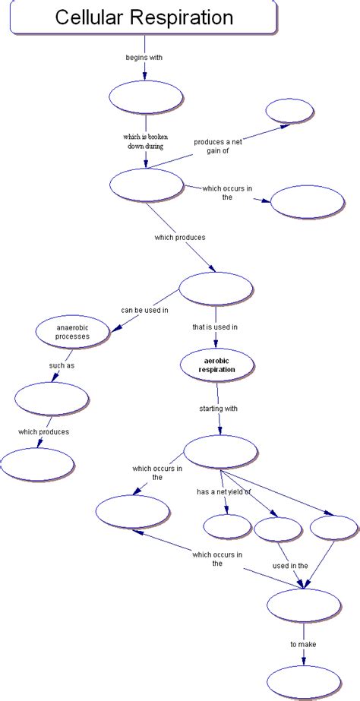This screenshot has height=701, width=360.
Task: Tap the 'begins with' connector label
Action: [144, 57]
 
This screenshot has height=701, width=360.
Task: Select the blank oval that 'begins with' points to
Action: [146, 96]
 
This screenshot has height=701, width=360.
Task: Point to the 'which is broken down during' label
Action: [145, 141]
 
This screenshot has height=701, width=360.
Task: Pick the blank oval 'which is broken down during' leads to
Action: [146, 185]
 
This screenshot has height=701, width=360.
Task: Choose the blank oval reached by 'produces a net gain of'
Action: [289, 111]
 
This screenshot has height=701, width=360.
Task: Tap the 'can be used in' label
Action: [144, 310]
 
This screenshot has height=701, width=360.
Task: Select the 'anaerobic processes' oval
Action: [73, 331]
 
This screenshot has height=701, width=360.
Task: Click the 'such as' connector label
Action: [62, 365]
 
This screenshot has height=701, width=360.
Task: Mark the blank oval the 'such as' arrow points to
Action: [52, 399]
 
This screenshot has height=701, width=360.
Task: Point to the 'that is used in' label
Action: [215, 327]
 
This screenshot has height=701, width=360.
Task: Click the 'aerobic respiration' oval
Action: [216, 365]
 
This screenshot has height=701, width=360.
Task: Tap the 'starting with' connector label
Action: [219, 409]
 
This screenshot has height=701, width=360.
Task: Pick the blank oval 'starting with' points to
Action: [222, 452]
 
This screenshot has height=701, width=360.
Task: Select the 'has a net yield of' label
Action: [223, 491]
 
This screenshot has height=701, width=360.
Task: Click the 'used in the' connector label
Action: [289, 565]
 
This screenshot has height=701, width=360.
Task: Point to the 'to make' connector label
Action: [303, 645]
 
